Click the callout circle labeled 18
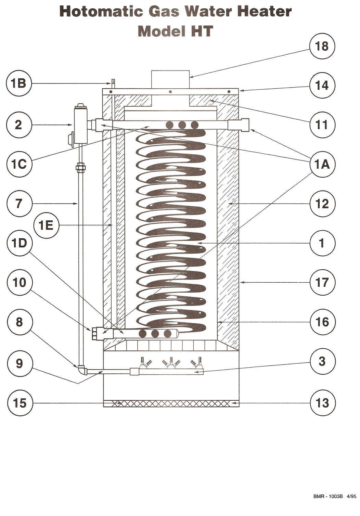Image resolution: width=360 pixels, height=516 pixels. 322,46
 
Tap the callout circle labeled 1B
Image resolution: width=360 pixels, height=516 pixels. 19,83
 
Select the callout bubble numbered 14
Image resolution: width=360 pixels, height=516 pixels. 322,85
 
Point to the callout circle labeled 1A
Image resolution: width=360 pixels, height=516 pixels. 322,164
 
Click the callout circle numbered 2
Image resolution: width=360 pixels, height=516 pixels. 19,125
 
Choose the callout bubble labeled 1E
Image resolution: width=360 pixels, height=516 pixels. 46,225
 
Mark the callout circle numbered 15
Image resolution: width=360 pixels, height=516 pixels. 20,403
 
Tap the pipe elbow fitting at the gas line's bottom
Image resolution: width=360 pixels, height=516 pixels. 81,370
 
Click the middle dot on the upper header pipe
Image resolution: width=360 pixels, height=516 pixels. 182,125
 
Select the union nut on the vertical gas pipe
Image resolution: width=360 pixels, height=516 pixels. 81,167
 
